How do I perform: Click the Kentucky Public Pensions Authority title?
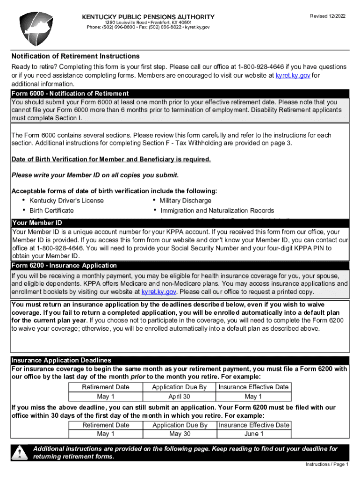(148, 16)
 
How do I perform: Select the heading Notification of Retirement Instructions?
(75, 56)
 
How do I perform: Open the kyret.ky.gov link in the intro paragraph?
(293, 75)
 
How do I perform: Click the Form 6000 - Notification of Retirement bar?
(70, 94)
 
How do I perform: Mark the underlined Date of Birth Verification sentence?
(111, 160)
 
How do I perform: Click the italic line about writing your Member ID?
(95, 175)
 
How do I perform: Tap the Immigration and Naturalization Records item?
(217, 210)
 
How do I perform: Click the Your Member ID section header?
(37, 223)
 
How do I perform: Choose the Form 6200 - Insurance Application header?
(64, 265)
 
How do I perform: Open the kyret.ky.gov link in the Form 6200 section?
(158, 292)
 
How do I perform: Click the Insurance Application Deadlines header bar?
(61, 360)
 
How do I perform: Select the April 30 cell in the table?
(180, 397)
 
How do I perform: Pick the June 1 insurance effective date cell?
(253, 434)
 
